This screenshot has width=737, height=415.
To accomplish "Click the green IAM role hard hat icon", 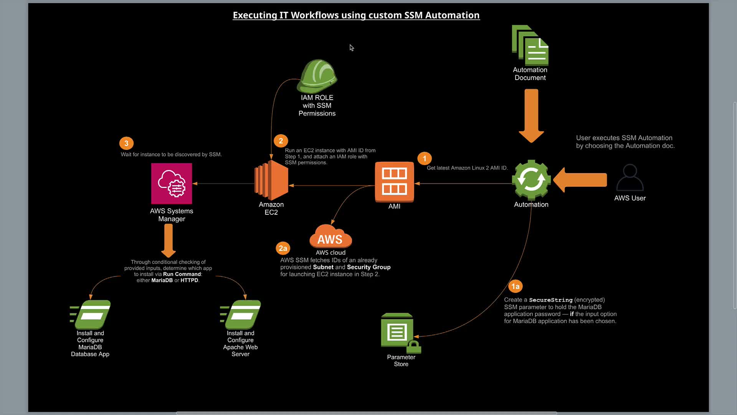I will pyautogui.click(x=317, y=76).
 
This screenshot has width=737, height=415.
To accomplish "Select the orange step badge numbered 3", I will pyautogui.click(x=126, y=143).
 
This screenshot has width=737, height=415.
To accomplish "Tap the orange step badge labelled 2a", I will pyautogui.click(x=283, y=248).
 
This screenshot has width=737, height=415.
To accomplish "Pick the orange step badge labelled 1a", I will pyautogui.click(x=515, y=286).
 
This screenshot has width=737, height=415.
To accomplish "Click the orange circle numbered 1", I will pyautogui.click(x=424, y=158).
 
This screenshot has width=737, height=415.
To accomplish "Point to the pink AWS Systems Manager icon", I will pyautogui.click(x=172, y=184).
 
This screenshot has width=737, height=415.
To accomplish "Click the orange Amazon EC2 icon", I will pyautogui.click(x=271, y=180).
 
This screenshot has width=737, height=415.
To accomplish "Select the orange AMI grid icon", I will pyautogui.click(x=394, y=182).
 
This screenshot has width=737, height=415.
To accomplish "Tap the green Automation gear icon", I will pyautogui.click(x=531, y=180).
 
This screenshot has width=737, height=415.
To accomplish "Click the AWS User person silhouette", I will pyautogui.click(x=630, y=178).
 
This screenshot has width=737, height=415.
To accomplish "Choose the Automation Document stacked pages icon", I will pyautogui.click(x=530, y=45).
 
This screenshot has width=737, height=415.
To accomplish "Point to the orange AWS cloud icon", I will pyautogui.click(x=330, y=237).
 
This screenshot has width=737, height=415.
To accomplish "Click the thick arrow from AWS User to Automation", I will pyautogui.click(x=580, y=180).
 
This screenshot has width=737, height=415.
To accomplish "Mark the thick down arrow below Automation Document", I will pyautogui.click(x=531, y=115).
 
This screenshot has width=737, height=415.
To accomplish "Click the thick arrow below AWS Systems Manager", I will pyautogui.click(x=169, y=241).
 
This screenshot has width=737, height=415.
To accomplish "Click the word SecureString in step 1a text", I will pyautogui.click(x=550, y=300).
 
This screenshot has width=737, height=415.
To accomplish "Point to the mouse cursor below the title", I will pyautogui.click(x=351, y=48).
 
